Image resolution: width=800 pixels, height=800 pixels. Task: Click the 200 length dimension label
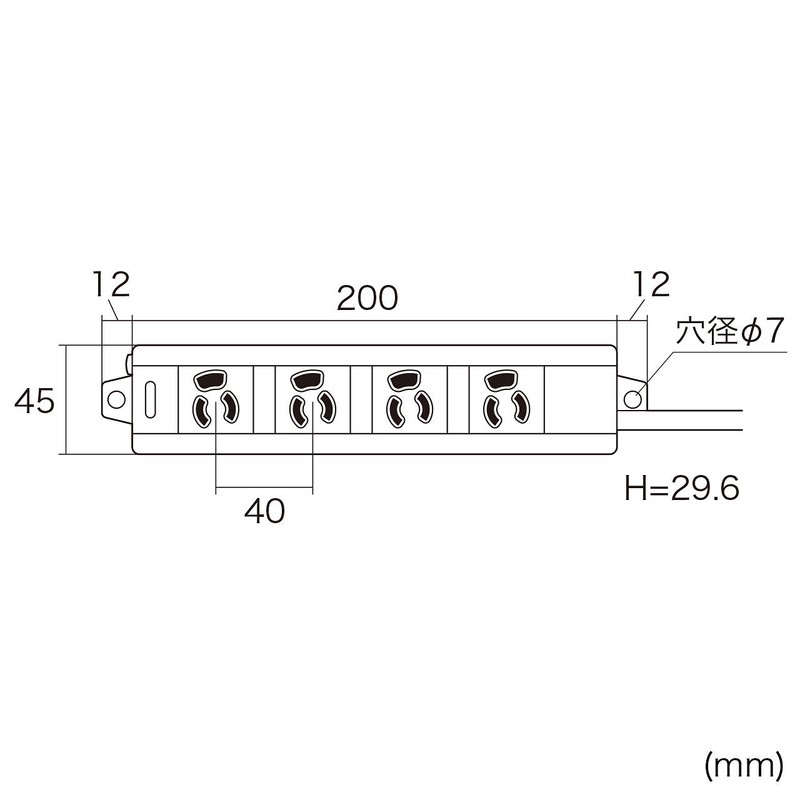tap(367, 297)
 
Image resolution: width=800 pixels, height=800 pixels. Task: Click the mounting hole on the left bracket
tap(115, 398)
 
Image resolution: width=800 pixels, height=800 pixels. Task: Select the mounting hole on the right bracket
tap(632, 398)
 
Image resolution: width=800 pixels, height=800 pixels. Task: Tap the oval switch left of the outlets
tap(153, 398)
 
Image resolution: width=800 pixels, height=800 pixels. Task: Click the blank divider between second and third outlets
tap(360, 398)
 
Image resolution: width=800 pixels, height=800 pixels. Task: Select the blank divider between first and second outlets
tap(264, 398)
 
